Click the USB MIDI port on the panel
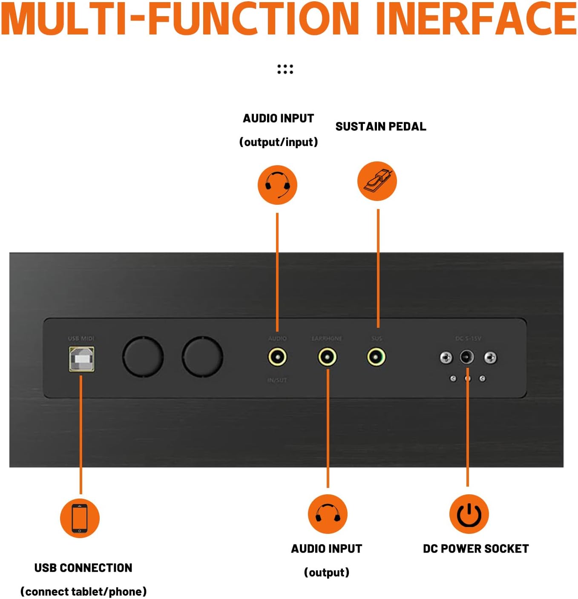tap(81, 358)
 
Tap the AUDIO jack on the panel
tap(277, 357)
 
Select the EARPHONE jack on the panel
tap(327, 357)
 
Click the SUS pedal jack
tap(376, 357)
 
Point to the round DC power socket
tap(467, 357)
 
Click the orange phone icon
tap(80, 518)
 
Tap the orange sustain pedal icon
tap(377, 181)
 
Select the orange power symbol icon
tap(469, 514)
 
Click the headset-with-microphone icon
tap(277, 185)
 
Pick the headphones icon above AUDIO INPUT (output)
tap(328, 514)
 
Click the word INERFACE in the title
tap(476, 19)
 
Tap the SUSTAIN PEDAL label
tap(380, 126)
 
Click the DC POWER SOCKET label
tap(476, 549)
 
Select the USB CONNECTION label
tap(83, 568)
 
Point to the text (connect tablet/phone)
tap(83, 591)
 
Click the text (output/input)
tap(279, 142)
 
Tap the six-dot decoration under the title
tap(285, 69)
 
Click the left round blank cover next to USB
tap(143, 357)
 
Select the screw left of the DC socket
tap(446, 358)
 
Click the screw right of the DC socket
tap(490, 358)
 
